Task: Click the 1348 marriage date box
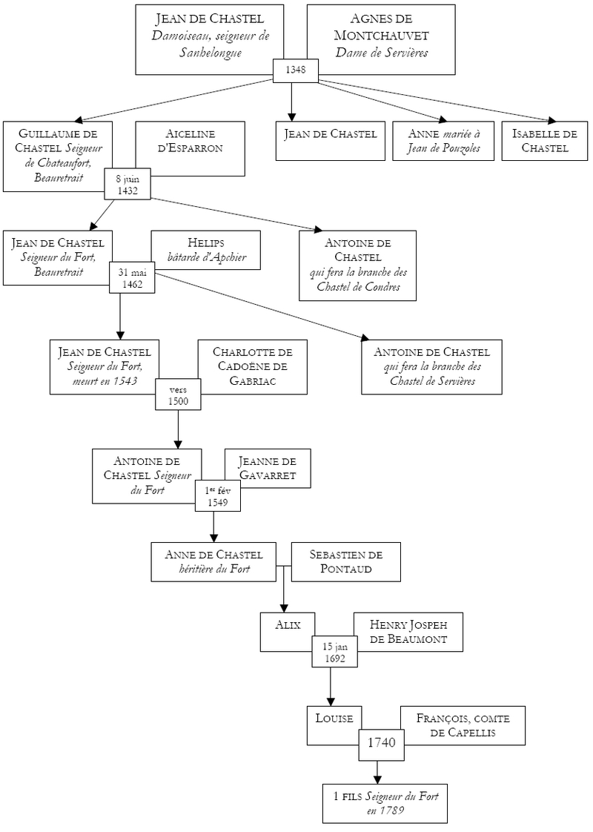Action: (296, 70)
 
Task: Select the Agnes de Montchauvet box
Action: (381, 39)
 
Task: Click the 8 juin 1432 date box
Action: (127, 185)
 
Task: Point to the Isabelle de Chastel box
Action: (545, 141)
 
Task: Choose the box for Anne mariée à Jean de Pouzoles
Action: (443, 141)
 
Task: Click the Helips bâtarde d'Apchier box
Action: (206, 250)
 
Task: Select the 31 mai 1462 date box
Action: (132, 277)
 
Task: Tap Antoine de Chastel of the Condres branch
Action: (357, 265)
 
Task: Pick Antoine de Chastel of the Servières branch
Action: (431, 367)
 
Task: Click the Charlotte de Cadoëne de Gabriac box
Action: (253, 367)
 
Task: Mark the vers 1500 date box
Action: (178, 394)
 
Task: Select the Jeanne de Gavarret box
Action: (268, 469)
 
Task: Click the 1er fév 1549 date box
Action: (217, 495)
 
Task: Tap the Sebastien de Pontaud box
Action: (346, 562)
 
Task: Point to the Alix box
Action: (288, 632)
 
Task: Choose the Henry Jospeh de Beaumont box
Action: (408, 632)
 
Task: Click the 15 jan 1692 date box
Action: (334, 652)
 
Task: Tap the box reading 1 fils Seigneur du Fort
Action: (385, 803)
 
